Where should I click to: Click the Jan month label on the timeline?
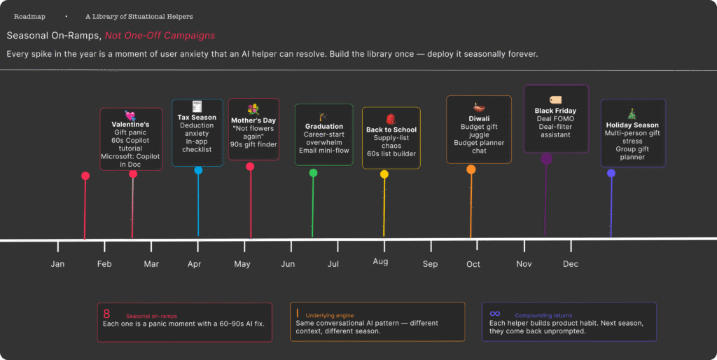(x=57, y=264)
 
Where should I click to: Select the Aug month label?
(x=380, y=261)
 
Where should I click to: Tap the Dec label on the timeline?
(x=571, y=264)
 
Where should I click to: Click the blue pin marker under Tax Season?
(x=198, y=170)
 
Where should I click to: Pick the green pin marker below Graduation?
(x=313, y=172)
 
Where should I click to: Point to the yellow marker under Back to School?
(x=384, y=174)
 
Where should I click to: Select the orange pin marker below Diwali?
(x=471, y=169)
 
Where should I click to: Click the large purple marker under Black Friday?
(x=546, y=159)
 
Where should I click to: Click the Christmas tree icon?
(x=632, y=113)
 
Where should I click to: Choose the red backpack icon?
(x=391, y=118)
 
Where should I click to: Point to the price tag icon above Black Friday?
(x=556, y=100)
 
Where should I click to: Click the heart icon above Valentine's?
(x=130, y=115)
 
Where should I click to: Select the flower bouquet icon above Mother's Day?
(x=253, y=109)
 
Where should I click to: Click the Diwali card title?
(x=479, y=118)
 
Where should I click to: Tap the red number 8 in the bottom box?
(x=106, y=314)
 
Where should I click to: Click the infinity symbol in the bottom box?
(x=495, y=314)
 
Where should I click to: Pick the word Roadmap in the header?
(x=29, y=16)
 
